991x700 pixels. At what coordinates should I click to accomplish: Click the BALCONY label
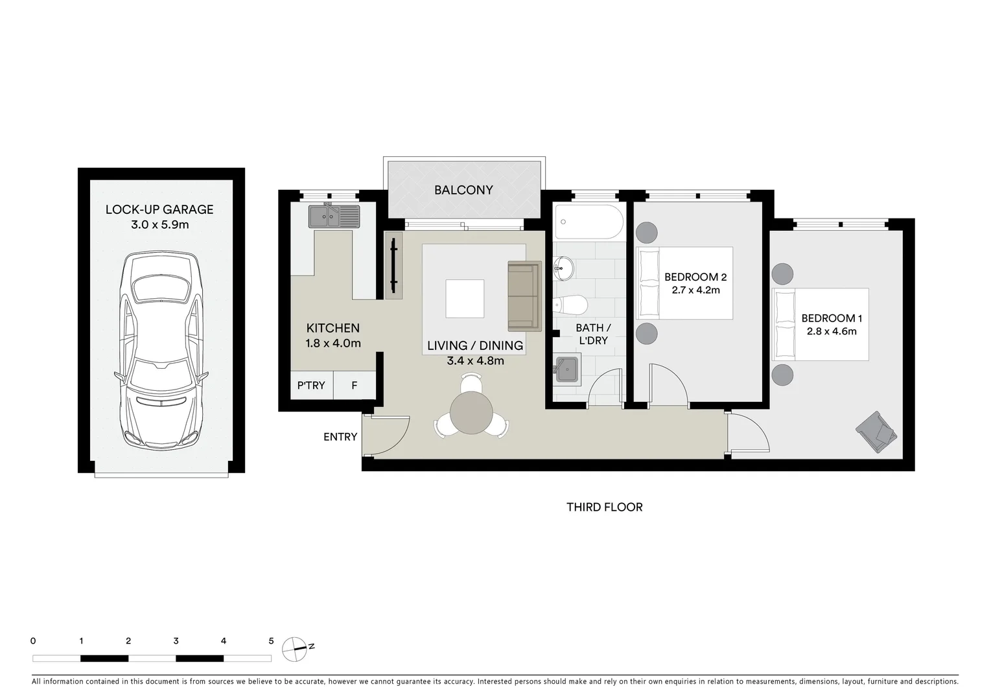(463, 190)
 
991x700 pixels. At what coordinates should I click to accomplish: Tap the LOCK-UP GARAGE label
(159, 209)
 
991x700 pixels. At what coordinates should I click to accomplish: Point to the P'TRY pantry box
(311, 386)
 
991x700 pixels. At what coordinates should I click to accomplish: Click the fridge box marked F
(355, 386)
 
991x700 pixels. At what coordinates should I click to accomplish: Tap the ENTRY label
(340, 437)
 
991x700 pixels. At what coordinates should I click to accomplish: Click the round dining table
(471, 414)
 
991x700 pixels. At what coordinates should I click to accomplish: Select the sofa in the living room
(524, 295)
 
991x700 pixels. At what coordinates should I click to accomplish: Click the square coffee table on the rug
(465, 299)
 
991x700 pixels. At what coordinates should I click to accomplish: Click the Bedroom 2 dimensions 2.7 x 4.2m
(695, 290)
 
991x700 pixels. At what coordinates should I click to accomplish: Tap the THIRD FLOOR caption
(604, 507)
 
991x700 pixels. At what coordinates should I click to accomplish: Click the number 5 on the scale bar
(271, 641)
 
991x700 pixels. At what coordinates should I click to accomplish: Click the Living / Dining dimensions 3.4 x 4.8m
(475, 361)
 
